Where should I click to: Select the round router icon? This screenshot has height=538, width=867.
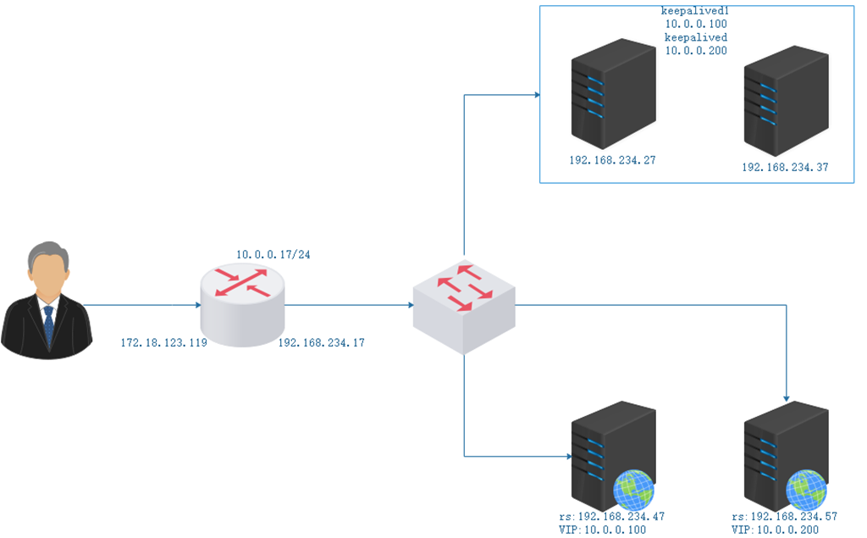pos(244,305)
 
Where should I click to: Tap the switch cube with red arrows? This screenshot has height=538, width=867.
pos(463,305)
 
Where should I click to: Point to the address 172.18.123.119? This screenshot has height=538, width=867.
pos(164,343)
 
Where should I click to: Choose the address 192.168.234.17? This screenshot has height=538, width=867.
pos(322,343)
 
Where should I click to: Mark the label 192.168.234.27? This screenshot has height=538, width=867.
pos(613,159)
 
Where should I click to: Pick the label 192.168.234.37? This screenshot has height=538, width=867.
pos(785,168)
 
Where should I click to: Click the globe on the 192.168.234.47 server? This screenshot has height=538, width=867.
pos(634,490)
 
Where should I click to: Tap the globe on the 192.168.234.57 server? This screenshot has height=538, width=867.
pos(806,490)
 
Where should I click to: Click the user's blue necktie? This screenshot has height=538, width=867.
pos(49,324)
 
